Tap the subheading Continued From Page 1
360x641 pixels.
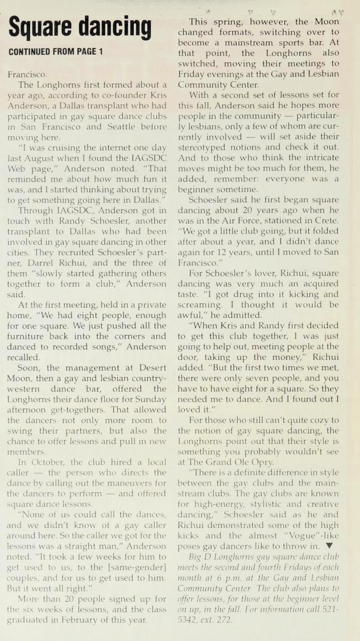tap(56, 51)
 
